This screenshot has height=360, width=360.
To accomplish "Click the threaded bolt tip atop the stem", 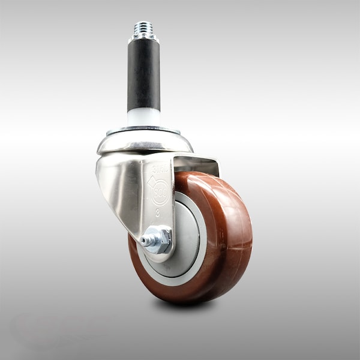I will point(143,28).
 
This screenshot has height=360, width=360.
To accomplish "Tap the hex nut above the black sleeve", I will point(143,38).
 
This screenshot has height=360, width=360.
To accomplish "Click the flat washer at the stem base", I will point(143,129).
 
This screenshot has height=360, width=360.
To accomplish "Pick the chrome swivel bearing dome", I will point(145,143).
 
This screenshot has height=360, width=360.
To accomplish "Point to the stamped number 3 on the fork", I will point(157,212).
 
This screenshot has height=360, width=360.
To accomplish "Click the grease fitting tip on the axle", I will point(145,241).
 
